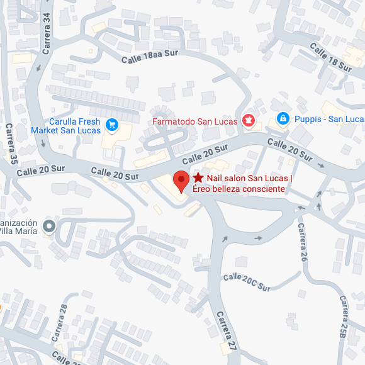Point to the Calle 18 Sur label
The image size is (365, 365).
click(x=330, y=57)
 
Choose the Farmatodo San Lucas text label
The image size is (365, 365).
click(x=194, y=121)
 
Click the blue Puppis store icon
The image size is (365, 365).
click(x=283, y=119)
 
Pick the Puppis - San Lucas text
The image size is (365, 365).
click(x=328, y=119)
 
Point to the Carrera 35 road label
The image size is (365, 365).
click(x=11, y=143)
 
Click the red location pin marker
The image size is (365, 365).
click(x=181, y=181)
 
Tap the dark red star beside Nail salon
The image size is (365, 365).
click(x=198, y=178)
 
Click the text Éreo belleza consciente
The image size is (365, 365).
click(x=239, y=189)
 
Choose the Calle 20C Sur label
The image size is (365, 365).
click(x=246, y=282)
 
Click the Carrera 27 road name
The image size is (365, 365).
click(x=225, y=330)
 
